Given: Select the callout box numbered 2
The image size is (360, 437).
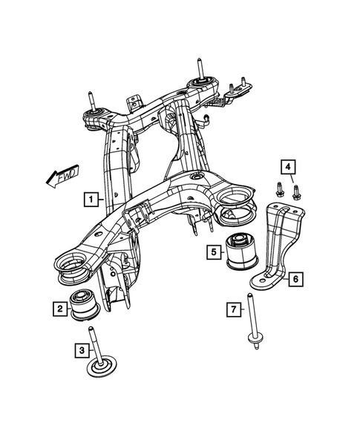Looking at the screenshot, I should pos(58,307).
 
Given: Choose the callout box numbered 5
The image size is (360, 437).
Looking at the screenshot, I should pos(213,252).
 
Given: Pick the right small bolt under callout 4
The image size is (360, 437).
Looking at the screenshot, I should pos(296,193).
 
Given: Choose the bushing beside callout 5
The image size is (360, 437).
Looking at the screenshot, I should pos(242,252).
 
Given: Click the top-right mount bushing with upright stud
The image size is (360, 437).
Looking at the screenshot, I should pos(200,83).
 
